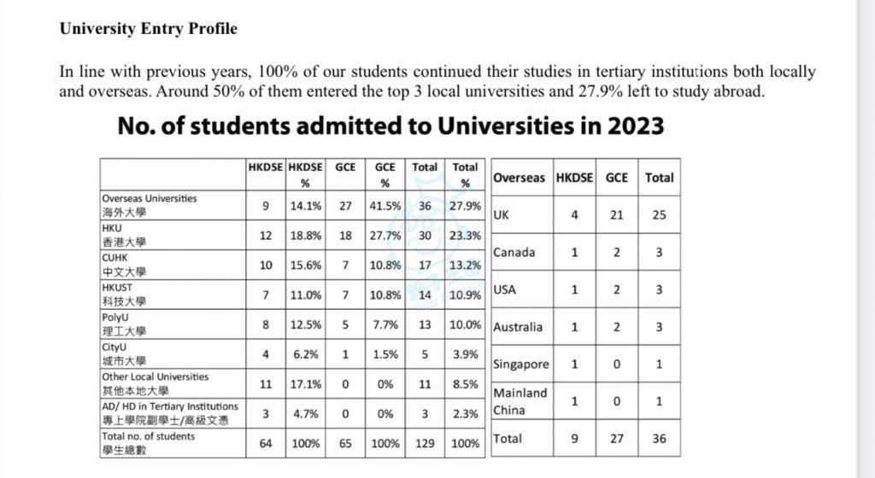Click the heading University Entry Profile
149,28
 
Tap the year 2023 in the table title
636,126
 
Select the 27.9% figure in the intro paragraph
601,90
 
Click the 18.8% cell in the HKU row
306,236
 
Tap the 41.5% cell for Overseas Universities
385,206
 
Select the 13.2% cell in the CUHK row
465,265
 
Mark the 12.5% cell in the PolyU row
306,325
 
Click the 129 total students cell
425,444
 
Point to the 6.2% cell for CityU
306,354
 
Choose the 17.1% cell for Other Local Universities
306,384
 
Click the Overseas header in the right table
519,178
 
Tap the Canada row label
514,253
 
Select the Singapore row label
521,364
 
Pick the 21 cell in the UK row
617,215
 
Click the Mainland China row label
520,401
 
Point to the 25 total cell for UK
659,215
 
